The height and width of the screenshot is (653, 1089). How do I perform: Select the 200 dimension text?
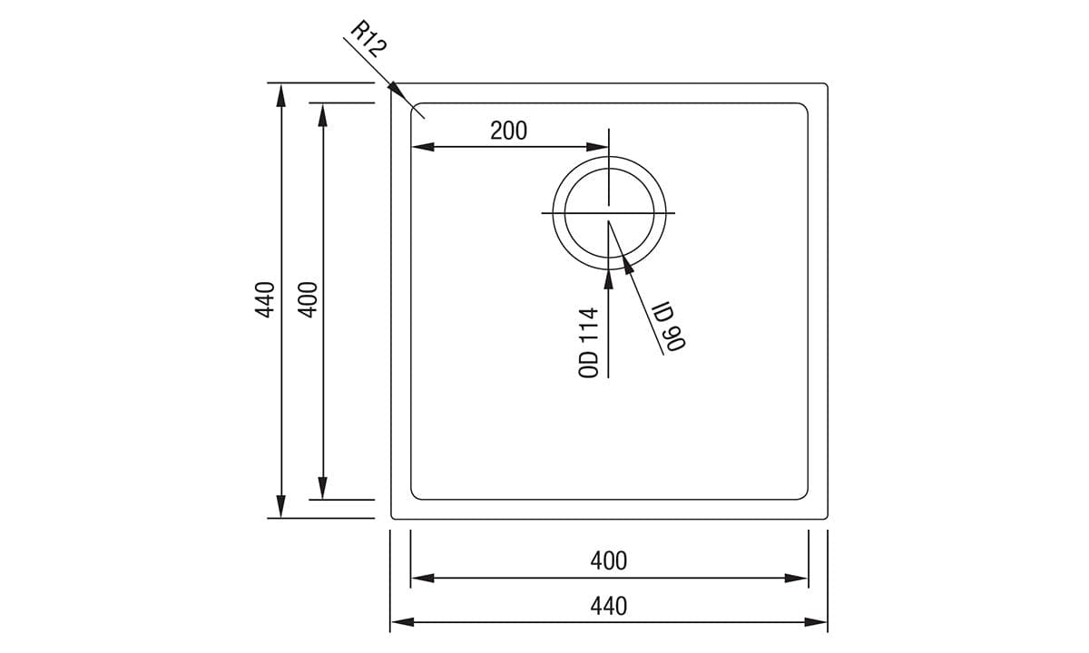coord(508,131)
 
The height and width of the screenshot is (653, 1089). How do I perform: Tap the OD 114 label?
coord(590,342)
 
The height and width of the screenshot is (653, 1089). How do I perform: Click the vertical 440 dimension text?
coord(265,299)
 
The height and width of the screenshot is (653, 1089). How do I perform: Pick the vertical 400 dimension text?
coord(308,299)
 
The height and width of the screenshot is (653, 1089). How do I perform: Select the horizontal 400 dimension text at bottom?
coord(608,560)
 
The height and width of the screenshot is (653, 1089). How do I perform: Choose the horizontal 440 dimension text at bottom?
coord(608,606)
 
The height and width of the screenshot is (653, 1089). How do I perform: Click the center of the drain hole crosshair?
coord(609,213)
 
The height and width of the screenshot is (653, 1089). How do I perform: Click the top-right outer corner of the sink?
coord(826,85)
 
